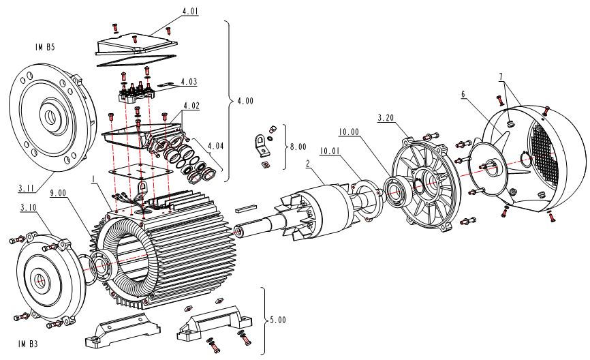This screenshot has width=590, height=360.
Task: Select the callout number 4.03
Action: click(x=189, y=82)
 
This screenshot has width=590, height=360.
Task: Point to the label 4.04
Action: click(x=216, y=145)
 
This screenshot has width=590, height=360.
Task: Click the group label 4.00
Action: click(x=245, y=100)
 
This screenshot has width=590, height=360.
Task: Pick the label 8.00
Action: click(x=298, y=145)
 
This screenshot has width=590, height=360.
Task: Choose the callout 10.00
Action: click(x=348, y=133)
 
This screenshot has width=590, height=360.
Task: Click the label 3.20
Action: click(x=386, y=118)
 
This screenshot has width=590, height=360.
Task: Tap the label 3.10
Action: click(x=29, y=207)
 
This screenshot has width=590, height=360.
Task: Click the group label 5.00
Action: click(x=277, y=319)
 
